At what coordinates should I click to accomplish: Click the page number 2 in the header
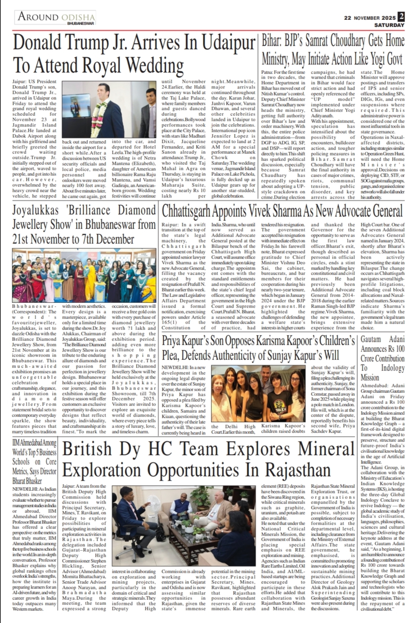[x=401, y=16]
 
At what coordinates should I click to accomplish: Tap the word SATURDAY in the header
[x=389, y=25]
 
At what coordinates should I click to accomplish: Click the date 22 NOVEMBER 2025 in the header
[x=369, y=18]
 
